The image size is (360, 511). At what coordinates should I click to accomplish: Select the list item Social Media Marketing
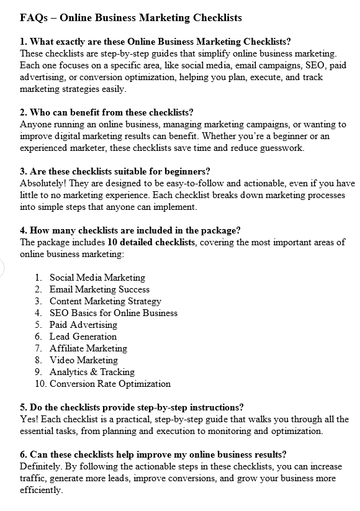point(97,278)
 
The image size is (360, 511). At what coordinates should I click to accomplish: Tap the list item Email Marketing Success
point(99,289)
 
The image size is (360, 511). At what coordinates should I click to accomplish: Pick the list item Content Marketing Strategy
point(106,301)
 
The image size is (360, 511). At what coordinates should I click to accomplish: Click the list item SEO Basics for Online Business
point(114,313)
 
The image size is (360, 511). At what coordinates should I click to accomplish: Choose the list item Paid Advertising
point(83,325)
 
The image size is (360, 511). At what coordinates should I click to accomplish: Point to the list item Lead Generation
point(83,337)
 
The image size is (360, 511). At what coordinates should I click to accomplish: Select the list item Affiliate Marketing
point(88,348)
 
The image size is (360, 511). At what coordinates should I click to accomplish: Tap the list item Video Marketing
point(84,360)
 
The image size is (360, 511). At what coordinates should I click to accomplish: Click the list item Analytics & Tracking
point(92,372)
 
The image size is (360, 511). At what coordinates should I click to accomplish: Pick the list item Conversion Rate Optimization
point(110,384)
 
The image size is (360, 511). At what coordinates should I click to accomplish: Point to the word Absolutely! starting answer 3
point(42,183)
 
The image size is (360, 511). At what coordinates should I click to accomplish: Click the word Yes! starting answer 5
point(29,419)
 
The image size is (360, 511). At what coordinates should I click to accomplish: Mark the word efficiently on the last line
point(41,490)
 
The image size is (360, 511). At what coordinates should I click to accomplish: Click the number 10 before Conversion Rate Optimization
point(40,384)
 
